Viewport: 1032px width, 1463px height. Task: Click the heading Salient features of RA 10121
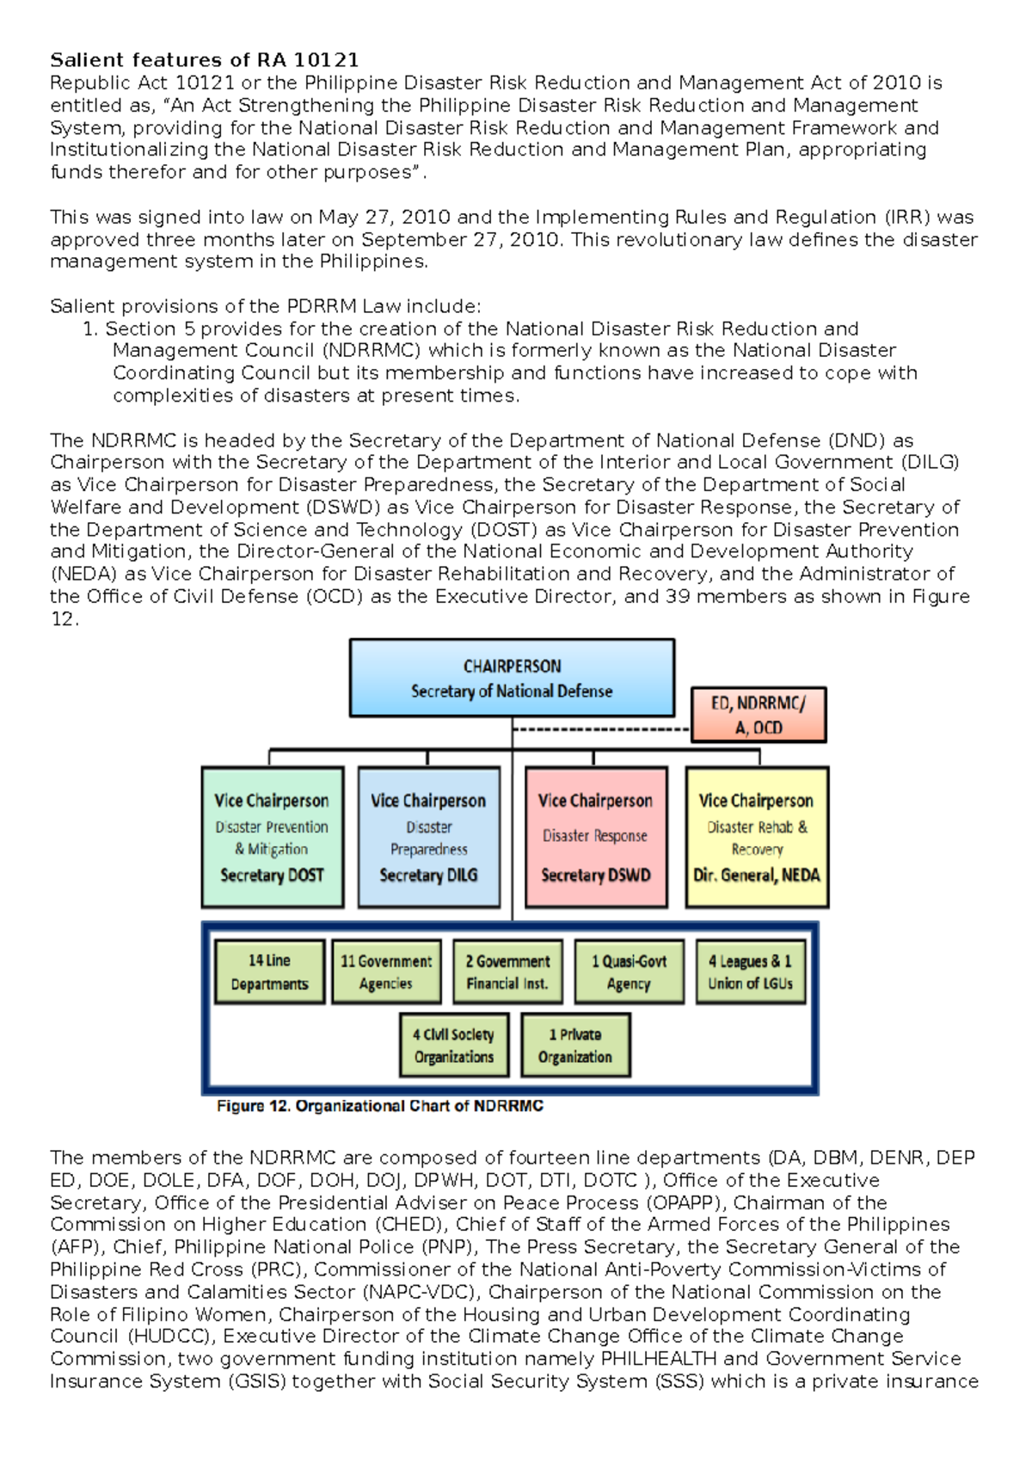point(204,60)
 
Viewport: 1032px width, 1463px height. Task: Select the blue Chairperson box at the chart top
point(512,678)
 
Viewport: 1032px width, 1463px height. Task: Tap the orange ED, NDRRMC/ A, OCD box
point(759,715)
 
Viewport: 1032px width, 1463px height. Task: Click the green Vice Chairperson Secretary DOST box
point(273,838)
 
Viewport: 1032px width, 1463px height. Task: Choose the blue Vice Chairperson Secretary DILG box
point(428,838)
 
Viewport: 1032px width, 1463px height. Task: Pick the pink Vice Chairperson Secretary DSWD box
point(595,838)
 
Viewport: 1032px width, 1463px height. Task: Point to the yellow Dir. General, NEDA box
point(757,838)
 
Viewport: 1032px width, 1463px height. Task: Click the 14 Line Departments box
point(269,972)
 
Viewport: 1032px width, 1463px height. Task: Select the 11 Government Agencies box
point(386,972)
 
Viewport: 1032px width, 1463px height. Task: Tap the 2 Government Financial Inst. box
point(507,972)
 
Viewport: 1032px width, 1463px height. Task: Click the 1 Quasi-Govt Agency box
point(629,972)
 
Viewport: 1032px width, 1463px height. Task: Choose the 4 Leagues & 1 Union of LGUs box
point(750,972)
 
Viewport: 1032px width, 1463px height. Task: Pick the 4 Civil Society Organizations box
point(454,1045)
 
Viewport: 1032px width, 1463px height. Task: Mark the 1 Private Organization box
point(575,1045)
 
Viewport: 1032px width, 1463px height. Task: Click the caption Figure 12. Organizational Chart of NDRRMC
point(379,1106)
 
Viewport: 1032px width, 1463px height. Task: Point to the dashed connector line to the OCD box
point(602,730)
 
